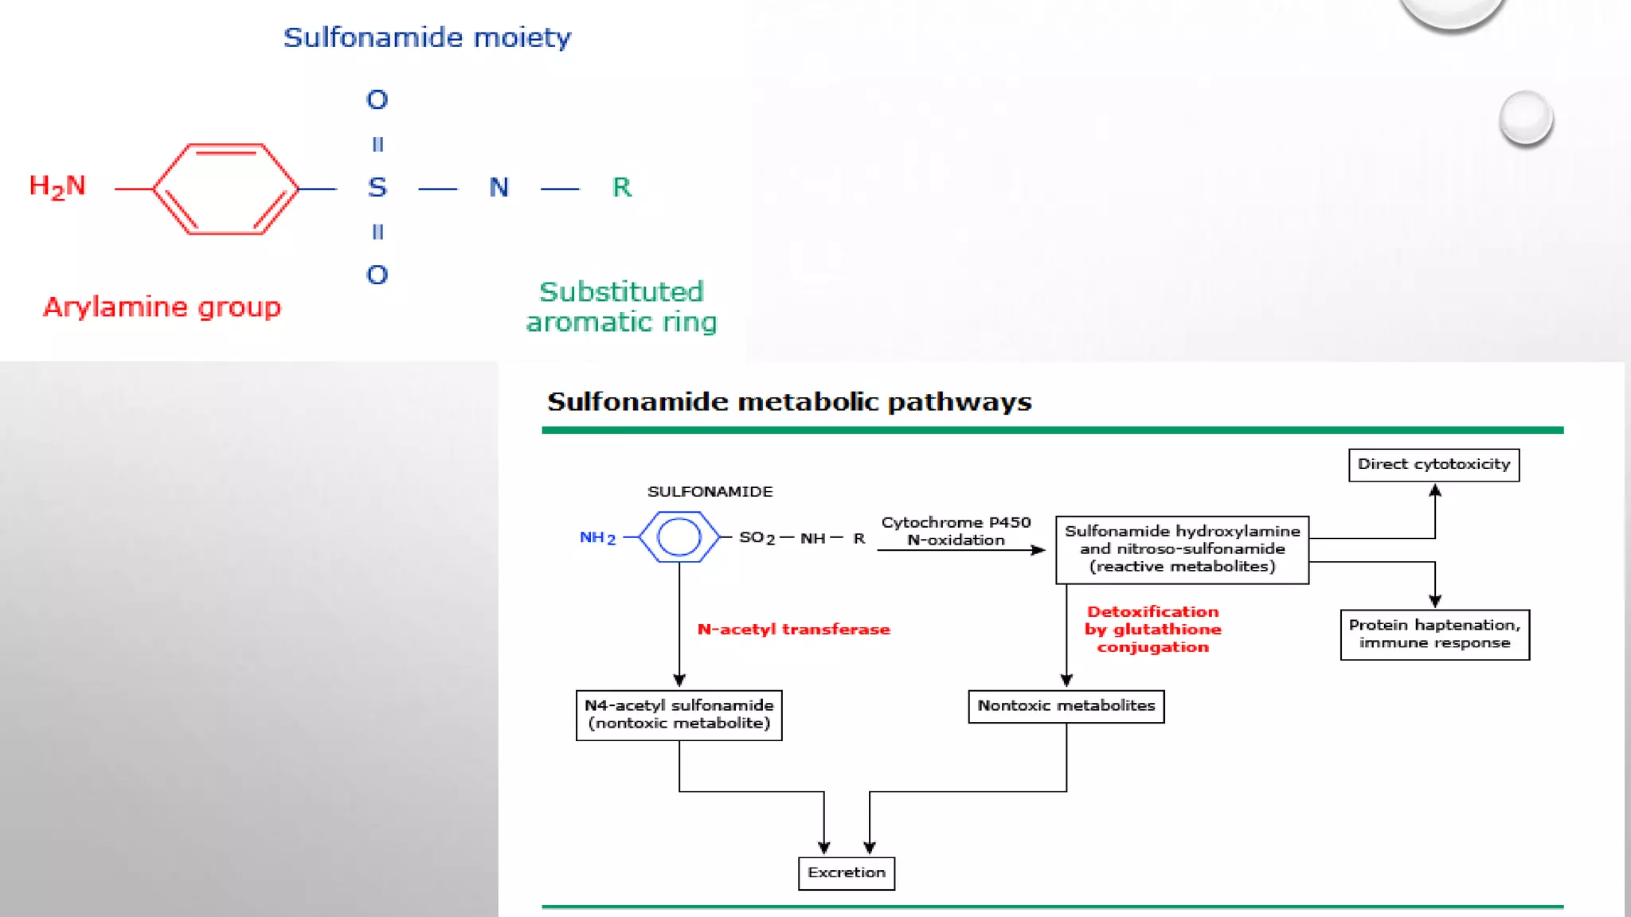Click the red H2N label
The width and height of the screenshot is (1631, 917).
pos(57,187)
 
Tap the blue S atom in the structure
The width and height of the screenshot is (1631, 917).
pos(377,188)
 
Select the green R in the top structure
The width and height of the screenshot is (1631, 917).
pos(622,187)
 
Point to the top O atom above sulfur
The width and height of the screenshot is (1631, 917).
pos(377,100)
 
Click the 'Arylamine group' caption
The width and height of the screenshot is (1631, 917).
pos(162,307)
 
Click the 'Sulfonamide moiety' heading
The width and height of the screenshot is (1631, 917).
pos(428,37)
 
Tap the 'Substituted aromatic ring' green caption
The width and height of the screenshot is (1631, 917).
pos(621,306)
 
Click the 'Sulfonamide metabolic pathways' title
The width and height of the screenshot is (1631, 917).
pos(789,401)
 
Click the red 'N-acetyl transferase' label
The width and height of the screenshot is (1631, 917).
pos(794,630)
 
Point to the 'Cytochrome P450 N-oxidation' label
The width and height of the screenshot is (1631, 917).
pos(956,531)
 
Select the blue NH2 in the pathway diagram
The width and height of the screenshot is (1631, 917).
pos(597,538)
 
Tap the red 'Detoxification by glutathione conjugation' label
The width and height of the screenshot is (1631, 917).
pos(1152,629)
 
